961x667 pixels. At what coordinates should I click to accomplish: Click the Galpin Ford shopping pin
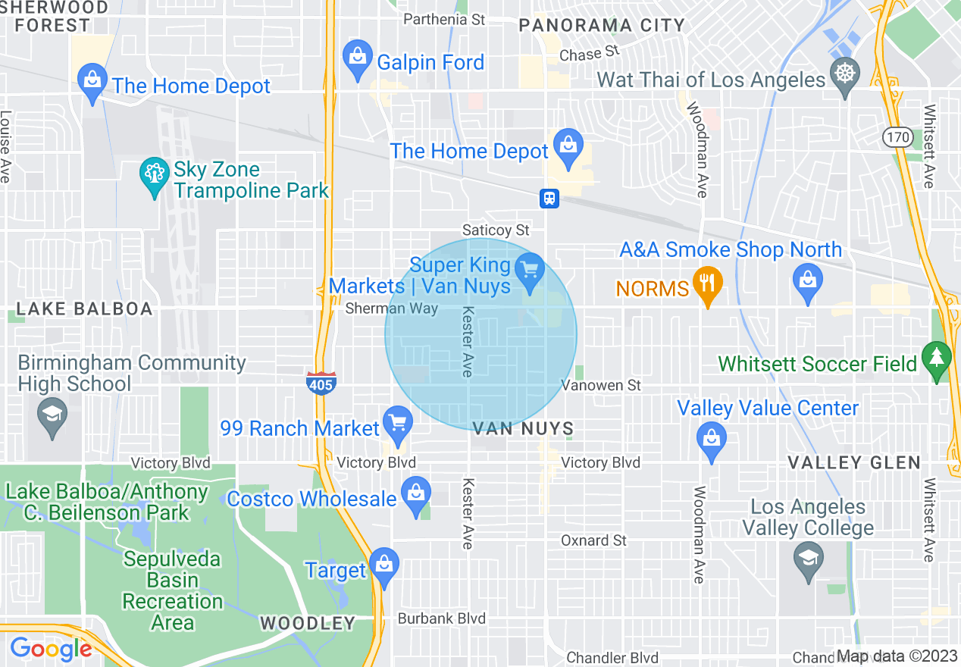[x=357, y=59]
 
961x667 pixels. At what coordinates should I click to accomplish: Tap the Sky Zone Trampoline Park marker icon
[x=155, y=177]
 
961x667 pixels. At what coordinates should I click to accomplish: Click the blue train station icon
[x=549, y=198]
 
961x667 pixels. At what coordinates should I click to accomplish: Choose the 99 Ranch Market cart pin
[x=396, y=425]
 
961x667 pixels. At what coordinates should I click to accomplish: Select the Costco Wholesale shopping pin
[x=415, y=495]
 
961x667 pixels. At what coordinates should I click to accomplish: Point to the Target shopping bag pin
[x=384, y=565]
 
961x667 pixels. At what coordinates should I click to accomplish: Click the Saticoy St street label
[x=496, y=230]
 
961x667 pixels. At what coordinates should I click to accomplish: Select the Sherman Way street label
[x=392, y=308]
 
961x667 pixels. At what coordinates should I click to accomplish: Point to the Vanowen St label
[x=601, y=386]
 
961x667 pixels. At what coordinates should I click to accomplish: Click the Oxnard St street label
[x=593, y=540]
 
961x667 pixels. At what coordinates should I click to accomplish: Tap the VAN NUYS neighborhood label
[x=523, y=429]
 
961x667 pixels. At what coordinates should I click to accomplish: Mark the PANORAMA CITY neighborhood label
[x=602, y=25]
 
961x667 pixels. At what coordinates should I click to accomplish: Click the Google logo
[x=51, y=649]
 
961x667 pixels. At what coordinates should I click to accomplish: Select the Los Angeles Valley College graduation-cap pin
[x=808, y=562]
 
